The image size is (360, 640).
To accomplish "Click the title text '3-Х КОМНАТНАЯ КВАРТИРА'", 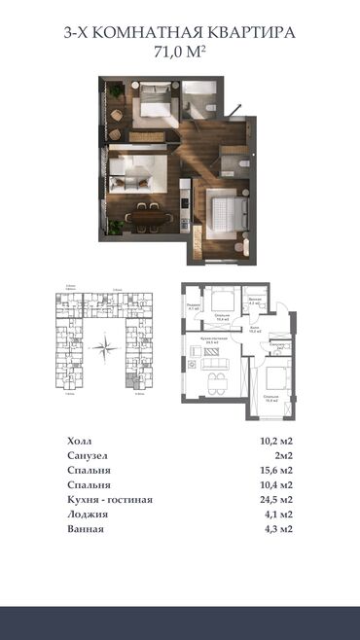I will point(180,33).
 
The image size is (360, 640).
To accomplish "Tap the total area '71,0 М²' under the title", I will point(180,52).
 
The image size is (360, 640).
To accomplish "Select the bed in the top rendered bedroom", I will point(154,98).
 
